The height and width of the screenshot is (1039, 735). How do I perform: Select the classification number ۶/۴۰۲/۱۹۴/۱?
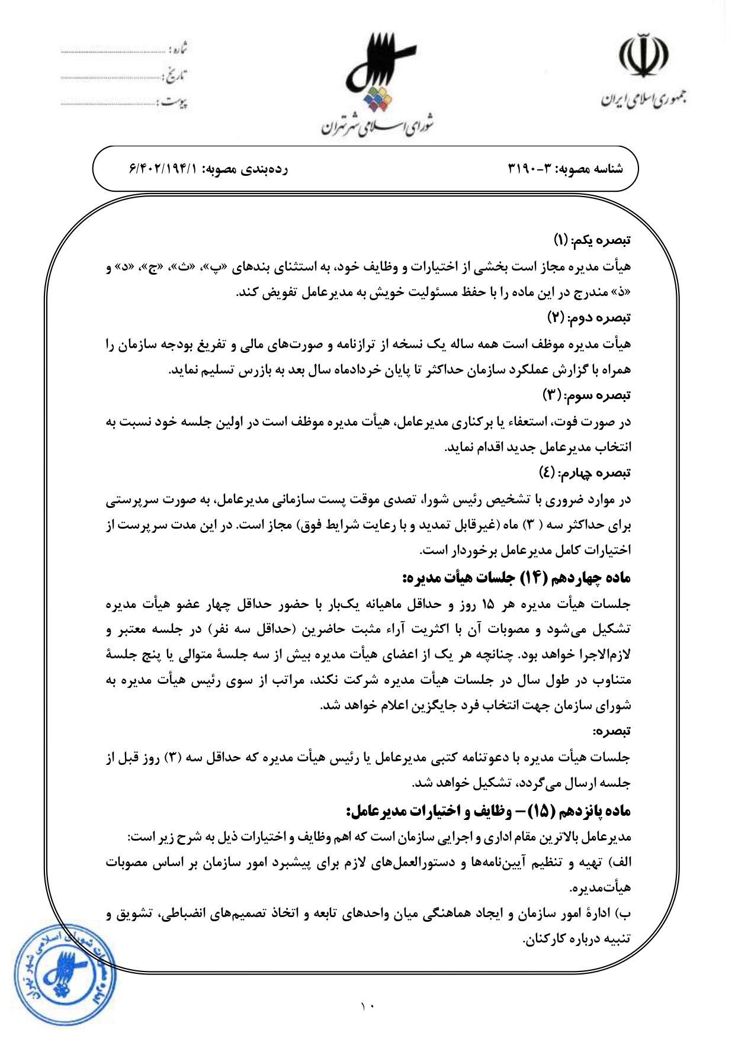[x=163, y=169]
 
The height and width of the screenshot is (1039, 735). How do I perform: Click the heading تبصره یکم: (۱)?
[x=592, y=240]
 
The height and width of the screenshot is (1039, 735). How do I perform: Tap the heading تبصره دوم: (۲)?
[x=589, y=318]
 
